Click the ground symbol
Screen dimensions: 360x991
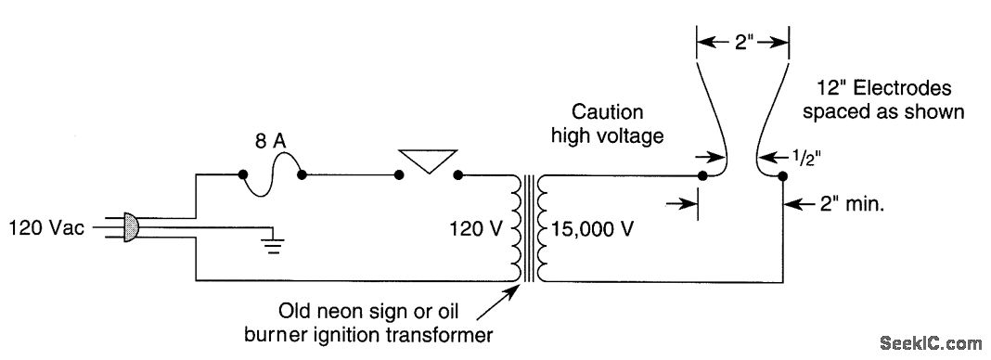click(x=270, y=244)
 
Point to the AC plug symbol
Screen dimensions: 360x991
click(x=131, y=225)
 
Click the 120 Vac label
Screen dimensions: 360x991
click(x=44, y=225)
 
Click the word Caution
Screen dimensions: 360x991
click(x=608, y=113)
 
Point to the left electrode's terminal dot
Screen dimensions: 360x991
click(x=702, y=174)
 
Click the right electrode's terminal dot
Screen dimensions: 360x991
click(x=782, y=174)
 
